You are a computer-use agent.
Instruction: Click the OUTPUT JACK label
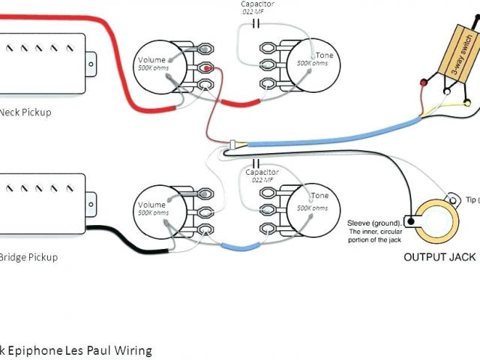439,257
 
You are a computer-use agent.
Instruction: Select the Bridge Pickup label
28,257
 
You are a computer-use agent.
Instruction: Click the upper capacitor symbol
257,23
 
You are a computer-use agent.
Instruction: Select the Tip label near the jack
471,199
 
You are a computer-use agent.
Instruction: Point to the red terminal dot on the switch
424,82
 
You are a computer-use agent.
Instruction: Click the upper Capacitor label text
257,4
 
